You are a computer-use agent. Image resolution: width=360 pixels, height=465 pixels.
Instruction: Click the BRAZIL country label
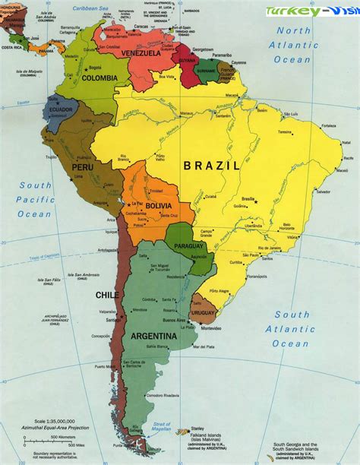point(212,165)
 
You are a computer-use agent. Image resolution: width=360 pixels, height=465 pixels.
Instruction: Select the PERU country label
point(83,166)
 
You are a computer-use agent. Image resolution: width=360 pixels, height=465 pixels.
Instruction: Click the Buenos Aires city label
point(176,320)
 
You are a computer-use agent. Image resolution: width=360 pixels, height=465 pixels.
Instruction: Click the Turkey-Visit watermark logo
point(311,11)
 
